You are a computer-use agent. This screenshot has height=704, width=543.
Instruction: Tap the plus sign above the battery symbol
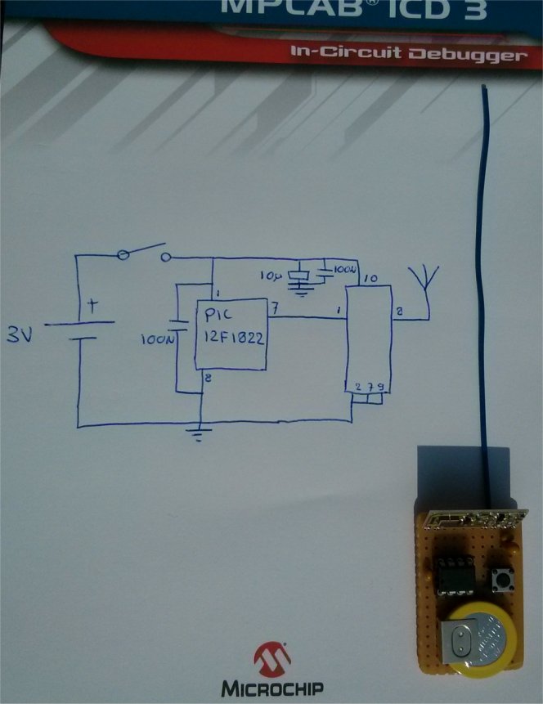(x=92, y=307)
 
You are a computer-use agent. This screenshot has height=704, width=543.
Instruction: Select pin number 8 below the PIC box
(x=209, y=377)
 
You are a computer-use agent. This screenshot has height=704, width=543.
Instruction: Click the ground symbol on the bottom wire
(x=197, y=433)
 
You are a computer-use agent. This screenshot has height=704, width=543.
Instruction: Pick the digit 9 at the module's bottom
(x=381, y=386)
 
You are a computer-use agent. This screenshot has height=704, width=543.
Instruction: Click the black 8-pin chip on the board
(x=451, y=572)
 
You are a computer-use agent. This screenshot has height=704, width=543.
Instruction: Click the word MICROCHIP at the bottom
(x=272, y=688)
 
